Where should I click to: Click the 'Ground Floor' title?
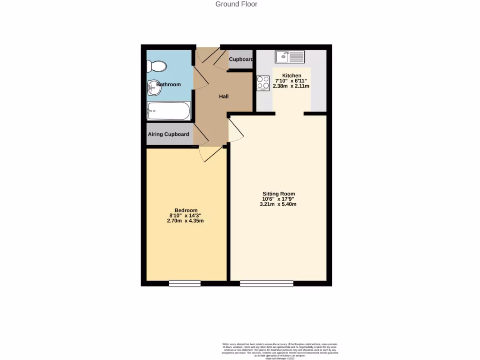(x=236, y=4)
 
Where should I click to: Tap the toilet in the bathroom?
(x=157, y=67)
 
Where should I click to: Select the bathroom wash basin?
(x=153, y=87)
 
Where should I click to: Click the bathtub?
(x=168, y=111)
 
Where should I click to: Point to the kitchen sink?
(x=290, y=57)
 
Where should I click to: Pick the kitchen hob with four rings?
(x=262, y=83)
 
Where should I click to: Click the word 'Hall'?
(x=224, y=97)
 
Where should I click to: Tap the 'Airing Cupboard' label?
(x=169, y=135)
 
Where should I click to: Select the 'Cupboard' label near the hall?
(x=241, y=60)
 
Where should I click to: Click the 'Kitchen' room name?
(x=291, y=76)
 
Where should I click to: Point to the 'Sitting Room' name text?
(x=278, y=194)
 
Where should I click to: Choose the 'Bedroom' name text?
(x=186, y=210)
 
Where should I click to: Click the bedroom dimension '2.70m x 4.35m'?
(x=186, y=221)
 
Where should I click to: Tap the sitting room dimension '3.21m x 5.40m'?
(x=278, y=204)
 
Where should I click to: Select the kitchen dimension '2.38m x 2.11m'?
(x=291, y=86)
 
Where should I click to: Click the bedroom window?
(x=185, y=283)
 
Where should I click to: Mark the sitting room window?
(x=266, y=283)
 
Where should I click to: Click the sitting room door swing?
(x=236, y=131)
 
